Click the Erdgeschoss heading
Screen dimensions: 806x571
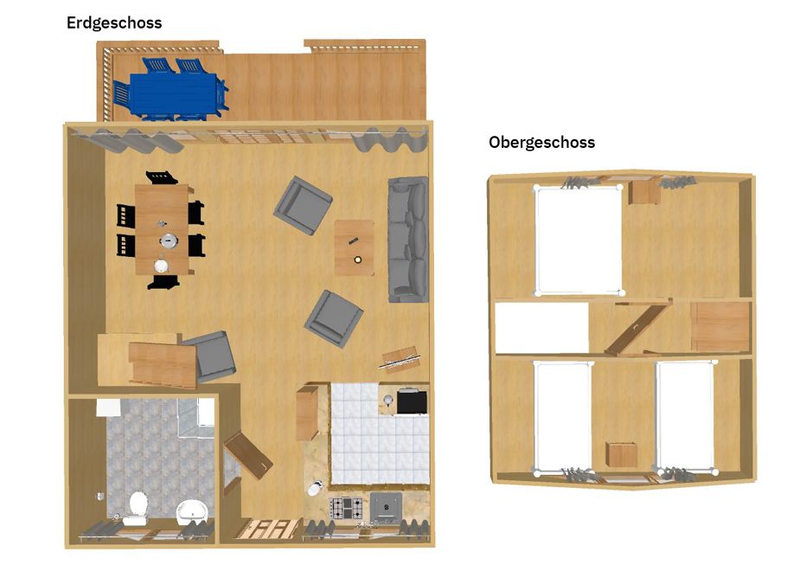pos(114,23)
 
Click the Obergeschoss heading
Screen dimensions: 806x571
pos(541,143)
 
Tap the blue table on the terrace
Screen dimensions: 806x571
pos(173,94)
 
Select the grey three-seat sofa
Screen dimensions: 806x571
pos(408,239)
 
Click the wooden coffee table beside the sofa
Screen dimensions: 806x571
pos(355,248)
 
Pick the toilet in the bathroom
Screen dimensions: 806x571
pos(138,506)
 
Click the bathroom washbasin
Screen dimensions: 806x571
pos(192,511)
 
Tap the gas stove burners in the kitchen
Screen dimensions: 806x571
pos(345,508)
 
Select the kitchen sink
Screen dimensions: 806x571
pos(386,507)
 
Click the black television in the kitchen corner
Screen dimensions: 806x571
pos(412,401)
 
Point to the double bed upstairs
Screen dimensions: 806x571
pos(579,241)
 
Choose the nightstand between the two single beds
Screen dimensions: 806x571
pos(622,454)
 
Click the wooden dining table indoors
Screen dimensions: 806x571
pos(162,229)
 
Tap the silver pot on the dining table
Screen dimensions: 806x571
pos(168,241)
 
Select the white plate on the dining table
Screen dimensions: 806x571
pos(162,266)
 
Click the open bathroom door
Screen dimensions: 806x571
pos(248,455)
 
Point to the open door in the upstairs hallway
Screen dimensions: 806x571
pos(637,327)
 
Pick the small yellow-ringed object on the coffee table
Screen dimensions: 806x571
pos(358,260)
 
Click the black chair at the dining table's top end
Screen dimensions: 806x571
pos(162,177)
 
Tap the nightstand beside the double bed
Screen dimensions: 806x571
pos(644,191)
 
